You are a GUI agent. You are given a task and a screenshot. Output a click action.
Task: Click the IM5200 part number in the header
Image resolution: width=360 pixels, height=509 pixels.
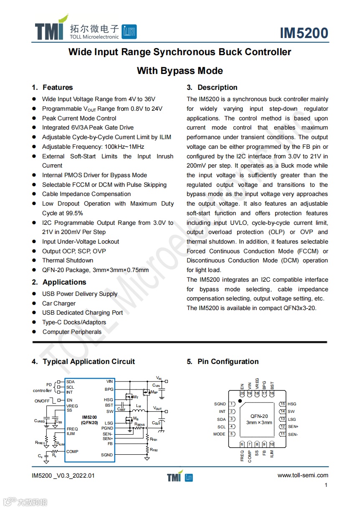coord(304,33)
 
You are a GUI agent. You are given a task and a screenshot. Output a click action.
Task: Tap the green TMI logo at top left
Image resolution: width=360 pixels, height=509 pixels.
coord(51,29)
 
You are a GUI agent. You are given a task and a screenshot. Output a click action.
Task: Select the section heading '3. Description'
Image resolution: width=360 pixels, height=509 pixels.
coord(212,87)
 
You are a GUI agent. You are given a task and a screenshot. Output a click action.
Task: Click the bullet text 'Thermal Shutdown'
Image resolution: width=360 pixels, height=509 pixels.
coord(68,260)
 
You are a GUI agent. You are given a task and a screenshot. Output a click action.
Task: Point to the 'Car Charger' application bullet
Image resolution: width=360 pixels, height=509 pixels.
coord(59,303)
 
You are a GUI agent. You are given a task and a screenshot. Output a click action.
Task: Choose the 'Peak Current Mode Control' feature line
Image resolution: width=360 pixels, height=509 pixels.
coord(79,118)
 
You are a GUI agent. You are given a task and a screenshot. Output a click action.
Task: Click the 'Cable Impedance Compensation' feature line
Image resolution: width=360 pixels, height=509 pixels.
coord(86,194)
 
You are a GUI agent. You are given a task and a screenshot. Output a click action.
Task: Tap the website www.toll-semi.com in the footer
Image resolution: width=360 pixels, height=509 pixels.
coord(303,475)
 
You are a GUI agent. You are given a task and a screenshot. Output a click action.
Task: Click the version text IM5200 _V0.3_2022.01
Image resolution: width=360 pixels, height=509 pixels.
coord(63,476)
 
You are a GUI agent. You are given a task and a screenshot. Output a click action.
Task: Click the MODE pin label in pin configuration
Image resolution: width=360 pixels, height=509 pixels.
coord(219,434)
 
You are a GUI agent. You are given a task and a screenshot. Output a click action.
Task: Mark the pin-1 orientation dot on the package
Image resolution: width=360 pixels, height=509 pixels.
coord(240,401)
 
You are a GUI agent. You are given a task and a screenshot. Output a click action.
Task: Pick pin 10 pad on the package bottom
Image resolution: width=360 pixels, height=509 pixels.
coord(272,444)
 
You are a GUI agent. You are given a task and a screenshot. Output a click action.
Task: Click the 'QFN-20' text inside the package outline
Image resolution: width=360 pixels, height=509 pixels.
coord(259,416)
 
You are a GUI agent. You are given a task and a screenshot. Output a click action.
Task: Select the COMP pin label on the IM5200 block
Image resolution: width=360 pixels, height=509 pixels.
coord(72,452)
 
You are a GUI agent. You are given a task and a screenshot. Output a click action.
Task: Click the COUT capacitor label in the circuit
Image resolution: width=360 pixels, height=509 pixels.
coord(156,423)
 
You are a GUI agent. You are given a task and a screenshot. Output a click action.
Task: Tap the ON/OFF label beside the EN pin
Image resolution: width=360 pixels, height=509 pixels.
coord(42,401)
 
